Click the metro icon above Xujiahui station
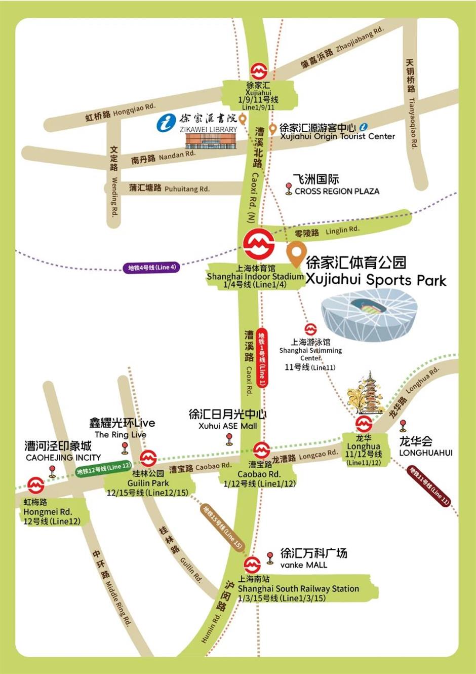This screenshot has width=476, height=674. click(259, 71)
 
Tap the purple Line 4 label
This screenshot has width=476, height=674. click(151, 268)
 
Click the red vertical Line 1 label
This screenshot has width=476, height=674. click(262, 357)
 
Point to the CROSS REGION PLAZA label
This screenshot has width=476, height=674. click(337, 191)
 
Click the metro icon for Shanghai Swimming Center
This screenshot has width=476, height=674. click(310, 330)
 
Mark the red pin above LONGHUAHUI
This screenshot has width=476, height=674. click(403, 425)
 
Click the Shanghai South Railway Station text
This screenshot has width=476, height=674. click(298, 588)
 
